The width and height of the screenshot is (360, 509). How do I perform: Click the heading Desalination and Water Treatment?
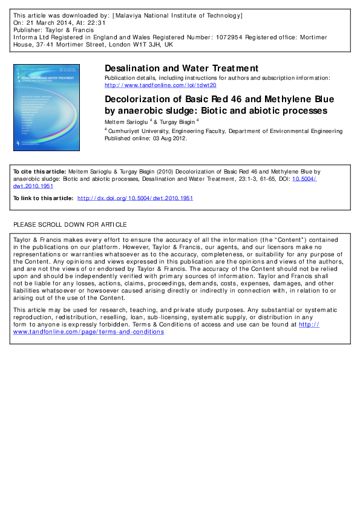182,68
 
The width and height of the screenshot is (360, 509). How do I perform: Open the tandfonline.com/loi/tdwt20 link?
160,85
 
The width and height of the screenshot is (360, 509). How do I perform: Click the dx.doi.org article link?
136,198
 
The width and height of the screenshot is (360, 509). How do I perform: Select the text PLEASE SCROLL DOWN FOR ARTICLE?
70,224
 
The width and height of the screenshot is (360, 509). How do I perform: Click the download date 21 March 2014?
52,22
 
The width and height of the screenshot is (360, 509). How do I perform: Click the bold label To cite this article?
39,172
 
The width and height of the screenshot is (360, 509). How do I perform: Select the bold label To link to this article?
43,198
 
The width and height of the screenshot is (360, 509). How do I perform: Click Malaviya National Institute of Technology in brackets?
174,15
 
